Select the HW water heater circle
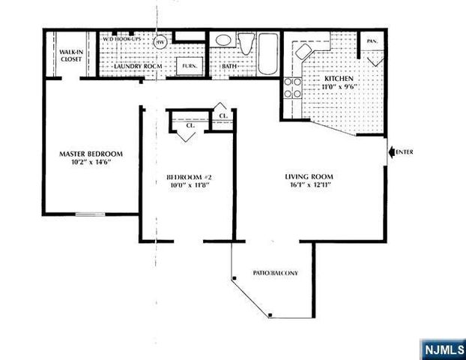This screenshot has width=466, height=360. (x=160, y=43)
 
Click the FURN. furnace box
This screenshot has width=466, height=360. (x=186, y=67)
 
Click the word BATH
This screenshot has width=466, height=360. (x=229, y=67)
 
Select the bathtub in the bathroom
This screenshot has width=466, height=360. (x=267, y=54)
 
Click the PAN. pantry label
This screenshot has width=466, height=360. (x=372, y=42)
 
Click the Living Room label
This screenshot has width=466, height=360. (x=309, y=177)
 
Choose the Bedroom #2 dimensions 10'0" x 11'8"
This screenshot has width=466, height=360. (x=187, y=185)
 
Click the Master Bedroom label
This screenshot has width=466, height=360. (x=91, y=154)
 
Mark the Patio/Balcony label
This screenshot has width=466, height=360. (x=276, y=273)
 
